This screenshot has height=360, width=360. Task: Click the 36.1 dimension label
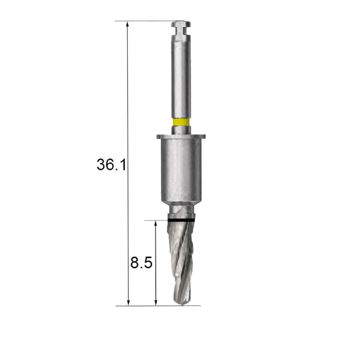(x=112, y=164)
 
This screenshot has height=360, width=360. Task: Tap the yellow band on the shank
(x=181, y=122)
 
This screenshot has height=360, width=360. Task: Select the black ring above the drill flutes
(x=181, y=220)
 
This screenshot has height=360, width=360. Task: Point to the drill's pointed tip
(x=182, y=304)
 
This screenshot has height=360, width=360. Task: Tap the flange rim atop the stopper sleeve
(x=181, y=137)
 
